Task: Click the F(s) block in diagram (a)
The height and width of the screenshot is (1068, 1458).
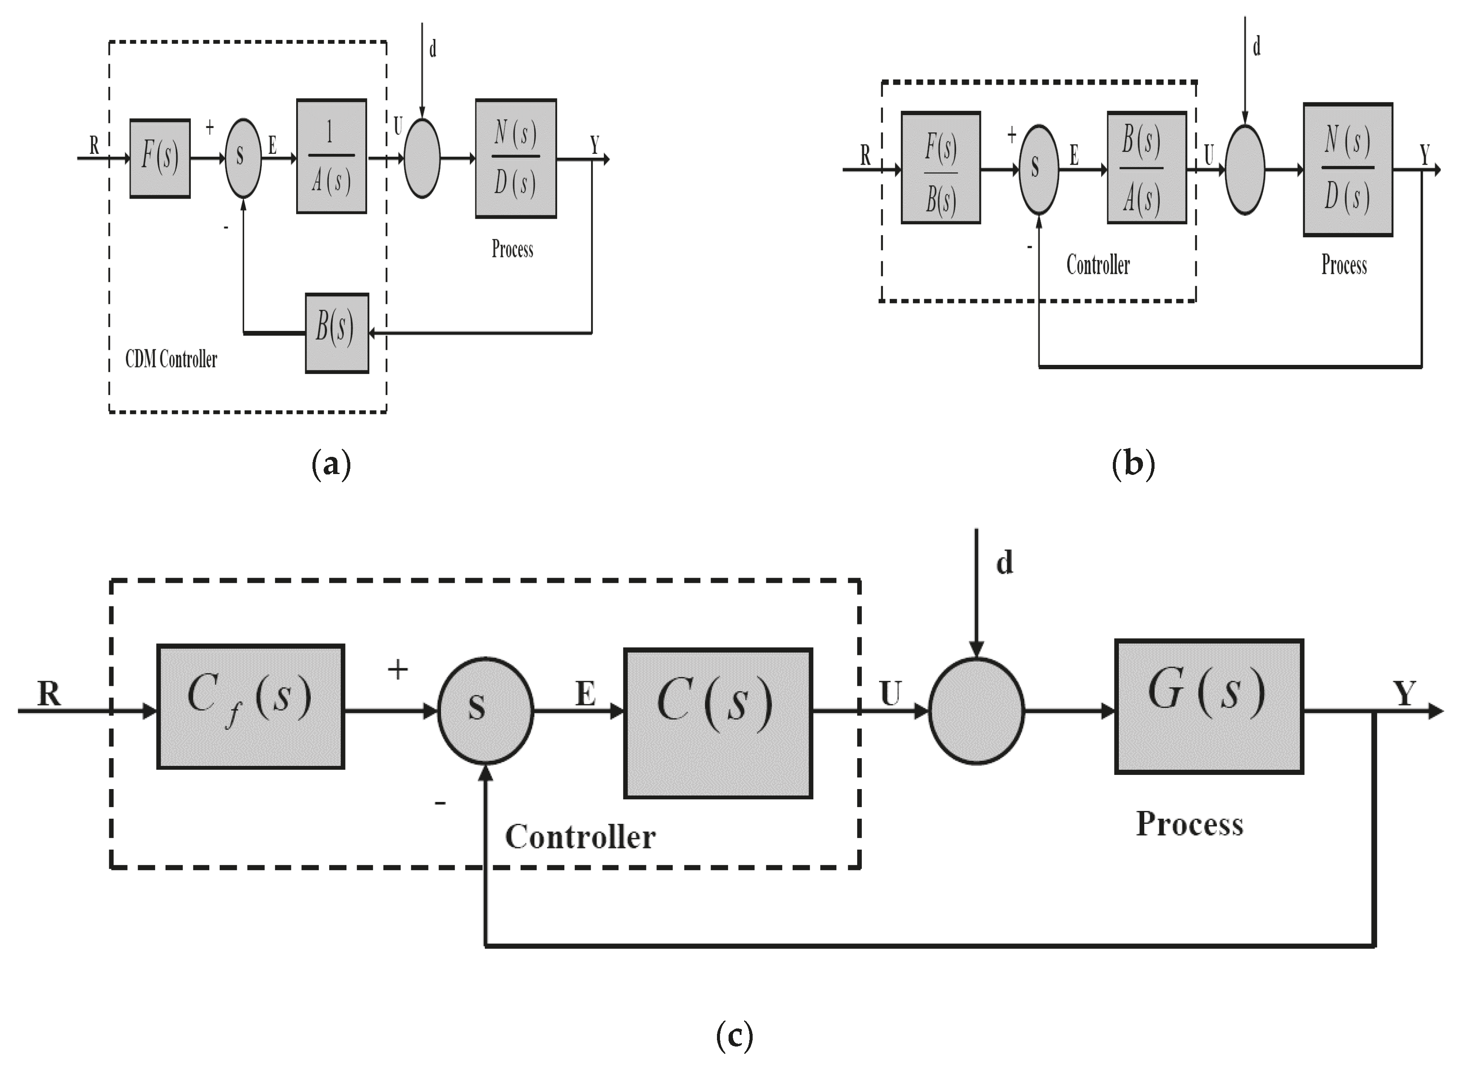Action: tap(160, 159)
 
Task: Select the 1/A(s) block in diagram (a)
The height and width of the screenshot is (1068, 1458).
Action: tap(331, 156)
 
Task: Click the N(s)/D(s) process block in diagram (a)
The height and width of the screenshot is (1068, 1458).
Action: tap(515, 159)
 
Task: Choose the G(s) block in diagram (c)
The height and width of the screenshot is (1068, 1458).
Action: tap(1208, 707)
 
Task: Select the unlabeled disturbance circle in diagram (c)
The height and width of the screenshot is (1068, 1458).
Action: tap(976, 711)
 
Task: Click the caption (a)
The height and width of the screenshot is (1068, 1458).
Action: tap(331, 465)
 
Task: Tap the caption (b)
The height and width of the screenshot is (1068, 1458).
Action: tap(1133, 465)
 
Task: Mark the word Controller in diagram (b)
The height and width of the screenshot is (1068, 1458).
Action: tap(1097, 265)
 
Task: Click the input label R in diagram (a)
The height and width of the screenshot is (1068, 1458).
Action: tap(95, 146)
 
